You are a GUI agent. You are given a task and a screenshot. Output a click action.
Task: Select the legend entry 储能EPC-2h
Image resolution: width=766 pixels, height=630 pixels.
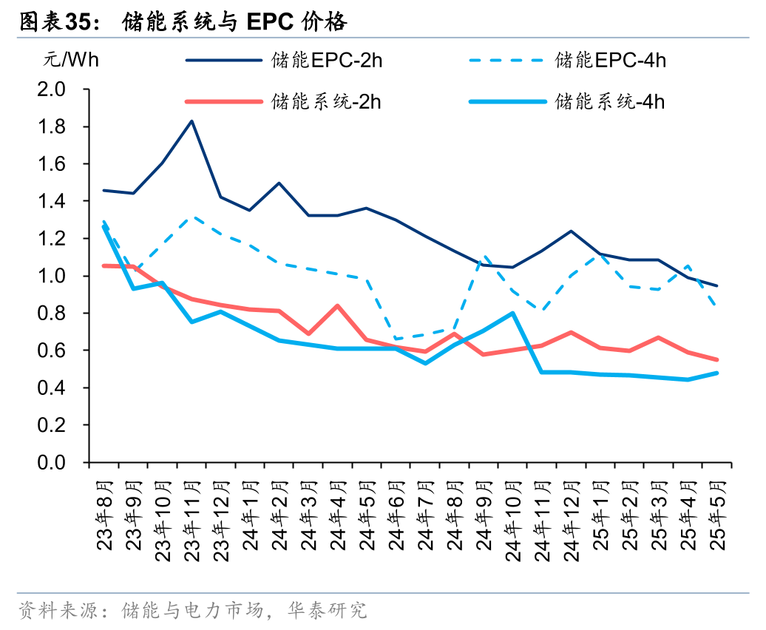pyautogui.click(x=326, y=60)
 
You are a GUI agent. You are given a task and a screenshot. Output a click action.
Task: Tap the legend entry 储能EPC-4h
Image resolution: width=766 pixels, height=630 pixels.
pyautogui.click(x=610, y=60)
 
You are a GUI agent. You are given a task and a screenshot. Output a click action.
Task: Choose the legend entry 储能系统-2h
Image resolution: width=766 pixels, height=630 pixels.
pyautogui.click(x=326, y=101)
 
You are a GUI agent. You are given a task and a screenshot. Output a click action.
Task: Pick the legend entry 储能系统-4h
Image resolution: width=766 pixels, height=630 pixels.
pyautogui.click(x=610, y=101)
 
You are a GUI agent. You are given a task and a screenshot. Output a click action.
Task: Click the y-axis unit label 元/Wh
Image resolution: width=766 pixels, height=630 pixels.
pyautogui.click(x=70, y=60)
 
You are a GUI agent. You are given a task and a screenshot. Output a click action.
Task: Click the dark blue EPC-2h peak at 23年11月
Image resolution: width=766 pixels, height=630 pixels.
pyautogui.click(x=192, y=121)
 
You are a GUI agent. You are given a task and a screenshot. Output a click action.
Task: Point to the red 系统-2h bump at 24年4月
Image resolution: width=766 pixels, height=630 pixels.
pyautogui.click(x=338, y=305)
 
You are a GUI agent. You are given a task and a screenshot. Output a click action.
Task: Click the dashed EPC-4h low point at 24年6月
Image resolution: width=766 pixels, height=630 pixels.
pyautogui.click(x=396, y=339)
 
